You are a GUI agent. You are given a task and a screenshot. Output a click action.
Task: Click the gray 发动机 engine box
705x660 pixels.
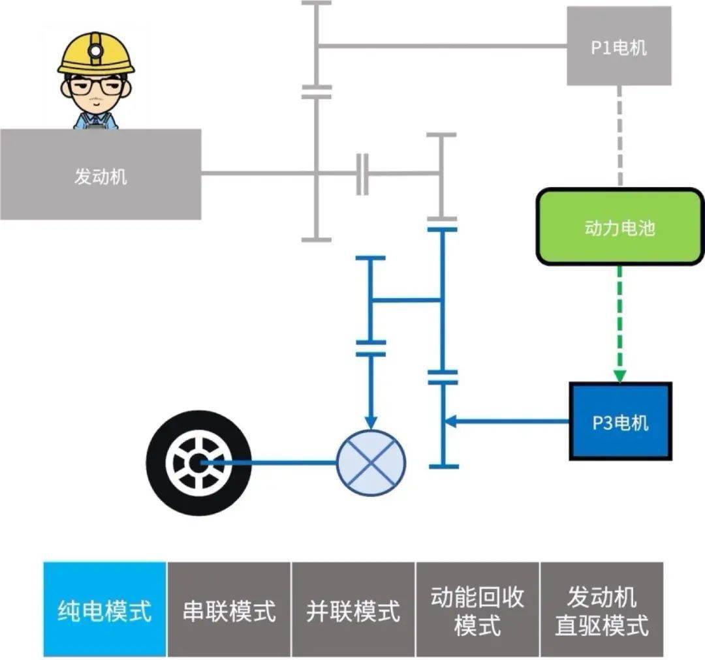tap(100, 174)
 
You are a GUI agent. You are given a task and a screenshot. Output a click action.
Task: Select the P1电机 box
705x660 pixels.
tap(619, 46)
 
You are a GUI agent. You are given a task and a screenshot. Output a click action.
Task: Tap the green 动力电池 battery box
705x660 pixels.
tap(619, 226)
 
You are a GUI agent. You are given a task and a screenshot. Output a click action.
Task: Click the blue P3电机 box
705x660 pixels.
tap(620, 421)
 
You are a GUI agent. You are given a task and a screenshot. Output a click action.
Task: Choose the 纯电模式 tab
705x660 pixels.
tap(105, 609)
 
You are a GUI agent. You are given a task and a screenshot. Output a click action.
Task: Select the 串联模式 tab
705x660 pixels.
tap(229, 609)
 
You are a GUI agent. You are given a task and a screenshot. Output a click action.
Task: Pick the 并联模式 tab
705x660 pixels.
tap(353, 609)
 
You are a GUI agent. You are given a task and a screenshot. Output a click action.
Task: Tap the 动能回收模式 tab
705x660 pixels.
tap(477, 609)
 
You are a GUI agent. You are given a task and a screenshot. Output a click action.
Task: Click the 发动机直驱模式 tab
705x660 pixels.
tap(601, 609)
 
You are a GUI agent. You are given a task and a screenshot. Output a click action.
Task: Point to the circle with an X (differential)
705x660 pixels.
tap(371, 462)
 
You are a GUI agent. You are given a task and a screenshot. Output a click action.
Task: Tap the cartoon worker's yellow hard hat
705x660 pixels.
tap(96, 52)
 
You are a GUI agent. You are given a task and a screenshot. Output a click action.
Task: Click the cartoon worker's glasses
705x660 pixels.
tap(96, 85)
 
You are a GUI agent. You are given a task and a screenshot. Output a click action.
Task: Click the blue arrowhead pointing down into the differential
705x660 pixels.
tap(371, 423)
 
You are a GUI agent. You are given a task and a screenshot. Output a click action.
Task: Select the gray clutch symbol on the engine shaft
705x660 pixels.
tap(362, 174)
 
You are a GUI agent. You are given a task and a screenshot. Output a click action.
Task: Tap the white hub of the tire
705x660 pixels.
tap(196, 462)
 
